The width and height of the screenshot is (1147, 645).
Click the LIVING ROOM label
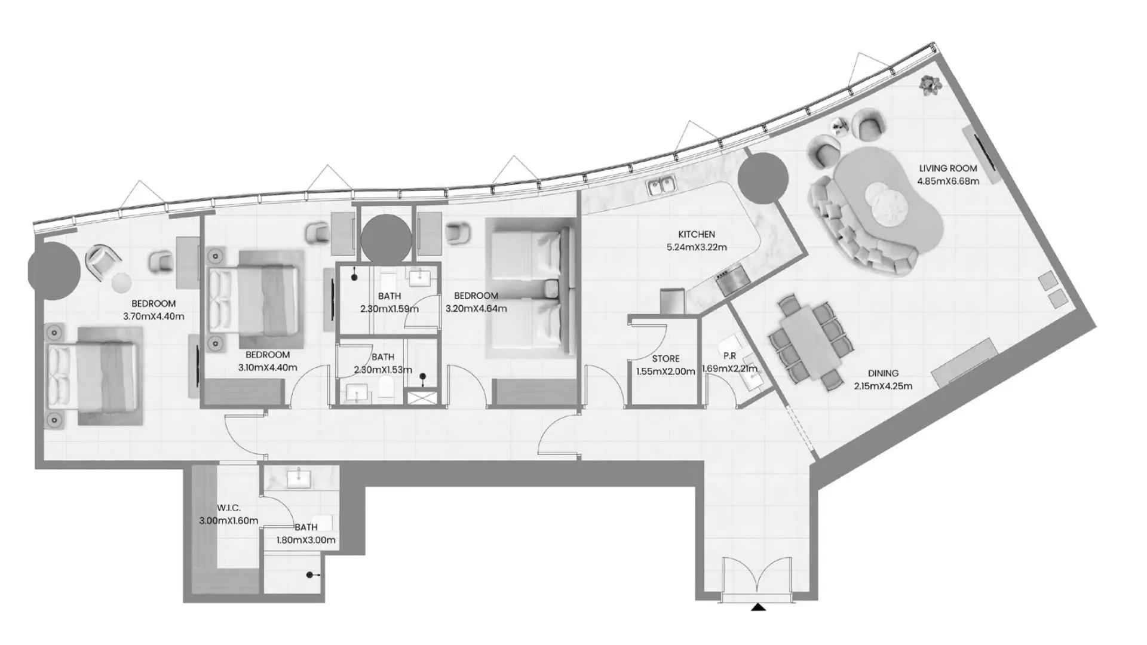948,168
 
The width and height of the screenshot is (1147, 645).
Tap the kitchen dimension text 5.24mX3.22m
697,247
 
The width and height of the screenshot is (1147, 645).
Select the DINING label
883,373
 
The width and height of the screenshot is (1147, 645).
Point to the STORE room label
665,359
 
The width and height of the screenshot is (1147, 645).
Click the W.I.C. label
229,508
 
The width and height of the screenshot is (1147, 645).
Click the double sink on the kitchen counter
661,186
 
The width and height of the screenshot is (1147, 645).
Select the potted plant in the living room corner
930,85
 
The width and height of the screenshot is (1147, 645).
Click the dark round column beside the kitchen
761,177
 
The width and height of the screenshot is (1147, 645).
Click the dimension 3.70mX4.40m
154,317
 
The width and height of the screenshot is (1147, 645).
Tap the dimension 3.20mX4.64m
476,309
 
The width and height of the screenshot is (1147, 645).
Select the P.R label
729,356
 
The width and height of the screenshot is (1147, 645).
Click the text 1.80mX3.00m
306,540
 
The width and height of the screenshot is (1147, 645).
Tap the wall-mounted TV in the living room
980,155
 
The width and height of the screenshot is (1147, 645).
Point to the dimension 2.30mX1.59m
390,309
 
